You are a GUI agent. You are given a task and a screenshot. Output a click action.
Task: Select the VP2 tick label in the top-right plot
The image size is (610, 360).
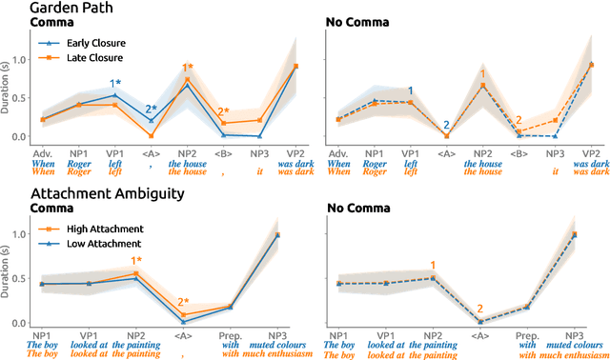tap(591, 152)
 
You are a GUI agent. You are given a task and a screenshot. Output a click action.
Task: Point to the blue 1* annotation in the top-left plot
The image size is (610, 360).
tap(115, 84)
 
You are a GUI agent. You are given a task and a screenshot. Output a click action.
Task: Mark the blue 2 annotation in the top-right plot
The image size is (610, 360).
tap(445, 125)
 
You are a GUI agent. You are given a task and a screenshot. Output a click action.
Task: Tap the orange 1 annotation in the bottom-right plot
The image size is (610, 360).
tap(434, 266)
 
